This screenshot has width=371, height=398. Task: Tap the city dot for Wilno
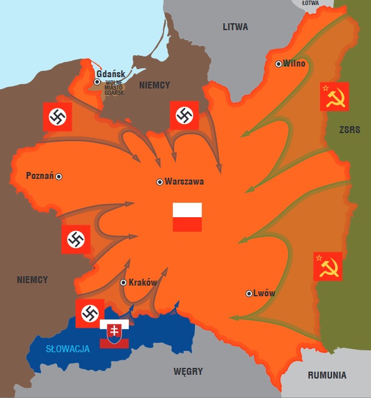point(279,63)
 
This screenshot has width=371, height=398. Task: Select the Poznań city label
point(40,176)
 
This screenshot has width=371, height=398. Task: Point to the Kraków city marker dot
point(123,282)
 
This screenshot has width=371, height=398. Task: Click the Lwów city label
point(265,293)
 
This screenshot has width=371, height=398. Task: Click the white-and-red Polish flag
point(187,217)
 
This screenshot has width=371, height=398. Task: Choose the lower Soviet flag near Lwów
point(328,266)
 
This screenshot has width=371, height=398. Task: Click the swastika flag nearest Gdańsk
point(57,116)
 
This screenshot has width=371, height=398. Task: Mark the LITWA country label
point(235,27)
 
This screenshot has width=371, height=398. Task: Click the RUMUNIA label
point(327,375)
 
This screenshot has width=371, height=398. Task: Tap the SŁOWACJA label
point(67,349)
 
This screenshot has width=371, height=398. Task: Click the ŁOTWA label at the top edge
point(310,3)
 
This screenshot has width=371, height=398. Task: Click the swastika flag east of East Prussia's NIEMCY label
point(184,116)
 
